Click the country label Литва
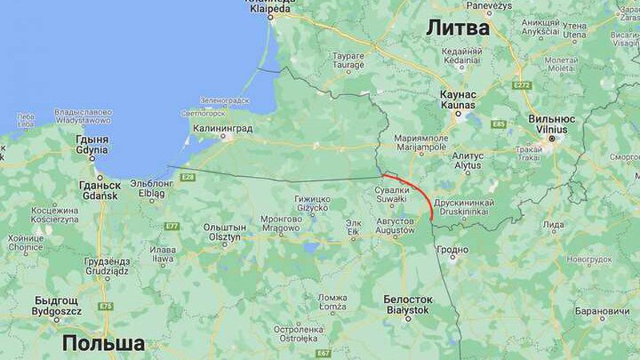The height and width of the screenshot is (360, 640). pos(457,28)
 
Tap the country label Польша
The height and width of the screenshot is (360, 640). pos(103,343)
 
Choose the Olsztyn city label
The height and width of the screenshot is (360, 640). pos(224,232)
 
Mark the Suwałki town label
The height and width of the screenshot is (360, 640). pos(392,194)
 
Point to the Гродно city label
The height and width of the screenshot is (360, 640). pos(453,250)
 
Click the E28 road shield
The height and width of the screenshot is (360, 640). pos(188,177)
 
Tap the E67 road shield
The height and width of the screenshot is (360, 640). pos(323,353)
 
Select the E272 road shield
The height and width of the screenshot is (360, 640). pos(522,85)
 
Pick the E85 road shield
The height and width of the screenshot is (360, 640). pos(499,124)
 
